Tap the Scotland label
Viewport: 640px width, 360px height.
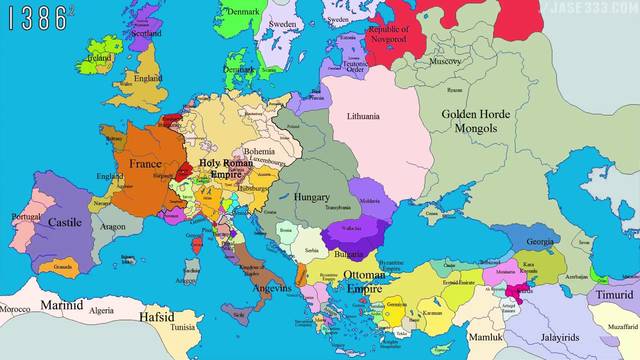tap(146, 32)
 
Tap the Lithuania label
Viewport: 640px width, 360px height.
tap(363, 117)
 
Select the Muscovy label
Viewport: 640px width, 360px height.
tap(445, 62)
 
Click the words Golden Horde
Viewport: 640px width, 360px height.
tap(476, 115)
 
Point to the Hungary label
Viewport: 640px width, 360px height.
tap(312, 198)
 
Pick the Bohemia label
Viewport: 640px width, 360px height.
tap(258, 151)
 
